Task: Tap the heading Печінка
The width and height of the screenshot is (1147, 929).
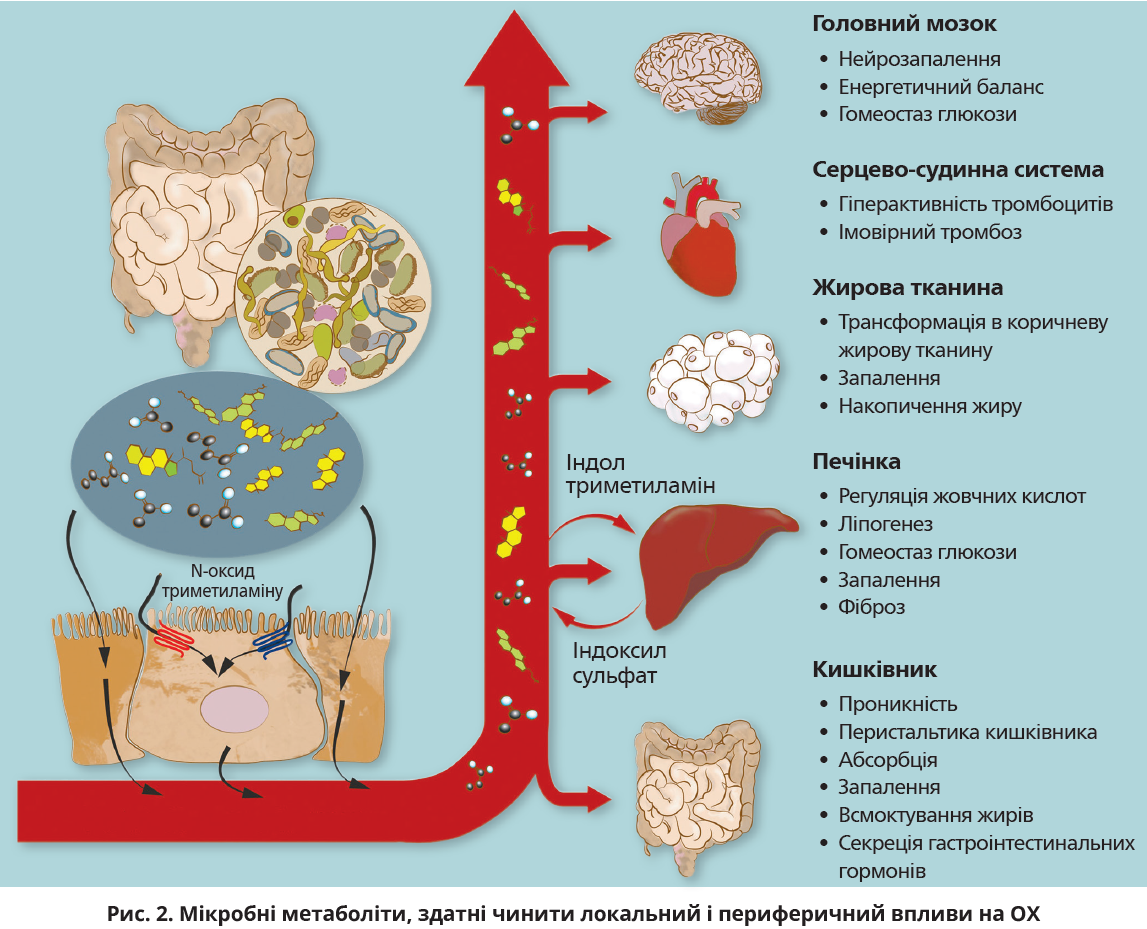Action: [x=856, y=462]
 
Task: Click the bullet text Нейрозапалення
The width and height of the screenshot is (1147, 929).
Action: [x=919, y=60]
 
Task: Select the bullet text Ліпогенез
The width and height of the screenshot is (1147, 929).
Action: [x=885, y=524]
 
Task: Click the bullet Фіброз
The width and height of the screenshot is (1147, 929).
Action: [x=872, y=607]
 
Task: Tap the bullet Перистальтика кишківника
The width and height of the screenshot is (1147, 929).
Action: [x=967, y=732]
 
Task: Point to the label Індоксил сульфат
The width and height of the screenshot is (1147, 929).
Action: [x=619, y=663]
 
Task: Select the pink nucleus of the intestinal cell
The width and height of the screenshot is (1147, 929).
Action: [x=235, y=709]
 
